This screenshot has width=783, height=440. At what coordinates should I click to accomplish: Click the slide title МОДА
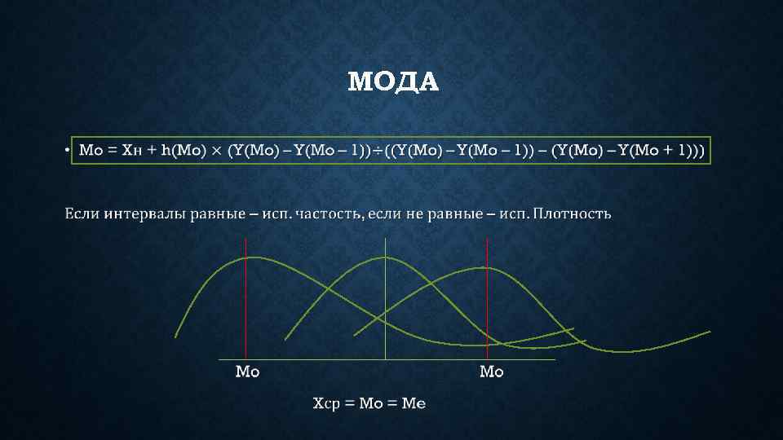(x=392, y=82)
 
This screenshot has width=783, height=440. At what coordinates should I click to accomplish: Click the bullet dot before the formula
(x=64, y=151)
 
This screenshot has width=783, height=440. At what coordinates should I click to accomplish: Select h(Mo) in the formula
(x=184, y=150)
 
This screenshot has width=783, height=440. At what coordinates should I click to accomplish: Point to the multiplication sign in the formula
(x=217, y=150)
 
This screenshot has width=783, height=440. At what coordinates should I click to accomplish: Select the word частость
(x=326, y=213)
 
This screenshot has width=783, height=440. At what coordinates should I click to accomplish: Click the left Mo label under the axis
(x=247, y=372)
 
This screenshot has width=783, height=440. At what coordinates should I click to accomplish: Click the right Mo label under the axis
(x=492, y=372)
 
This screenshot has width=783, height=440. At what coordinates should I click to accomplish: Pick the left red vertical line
(x=246, y=301)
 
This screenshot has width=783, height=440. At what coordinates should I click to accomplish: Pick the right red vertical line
(x=487, y=301)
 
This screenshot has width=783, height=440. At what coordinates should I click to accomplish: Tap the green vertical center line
(x=385, y=301)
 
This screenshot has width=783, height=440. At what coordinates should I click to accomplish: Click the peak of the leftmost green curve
(x=253, y=257)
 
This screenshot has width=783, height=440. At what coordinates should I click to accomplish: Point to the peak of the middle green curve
(x=383, y=257)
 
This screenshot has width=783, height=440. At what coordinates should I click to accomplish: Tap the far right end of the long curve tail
(x=709, y=332)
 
